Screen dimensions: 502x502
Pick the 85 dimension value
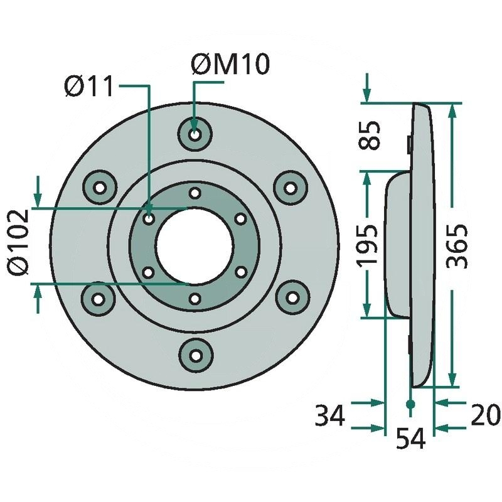point(372,135)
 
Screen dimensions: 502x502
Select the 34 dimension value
point(330,415)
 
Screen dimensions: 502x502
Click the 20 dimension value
point(485,415)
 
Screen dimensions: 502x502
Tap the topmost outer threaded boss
point(195,134)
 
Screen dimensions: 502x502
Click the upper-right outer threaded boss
point(290,187)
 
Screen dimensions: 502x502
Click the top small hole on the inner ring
point(195,192)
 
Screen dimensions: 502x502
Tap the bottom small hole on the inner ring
point(195,299)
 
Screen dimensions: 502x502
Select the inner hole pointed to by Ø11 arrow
point(149,219)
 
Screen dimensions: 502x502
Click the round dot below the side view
point(410,405)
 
